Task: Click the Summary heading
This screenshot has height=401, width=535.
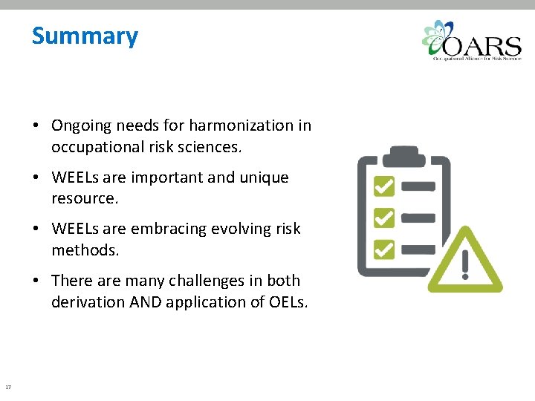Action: click(85, 36)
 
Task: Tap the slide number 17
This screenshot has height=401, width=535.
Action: click(7, 387)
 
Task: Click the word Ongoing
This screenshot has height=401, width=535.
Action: click(81, 125)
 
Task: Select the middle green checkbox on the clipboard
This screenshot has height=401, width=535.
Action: click(383, 217)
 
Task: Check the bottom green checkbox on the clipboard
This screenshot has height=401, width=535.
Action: click(383, 247)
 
